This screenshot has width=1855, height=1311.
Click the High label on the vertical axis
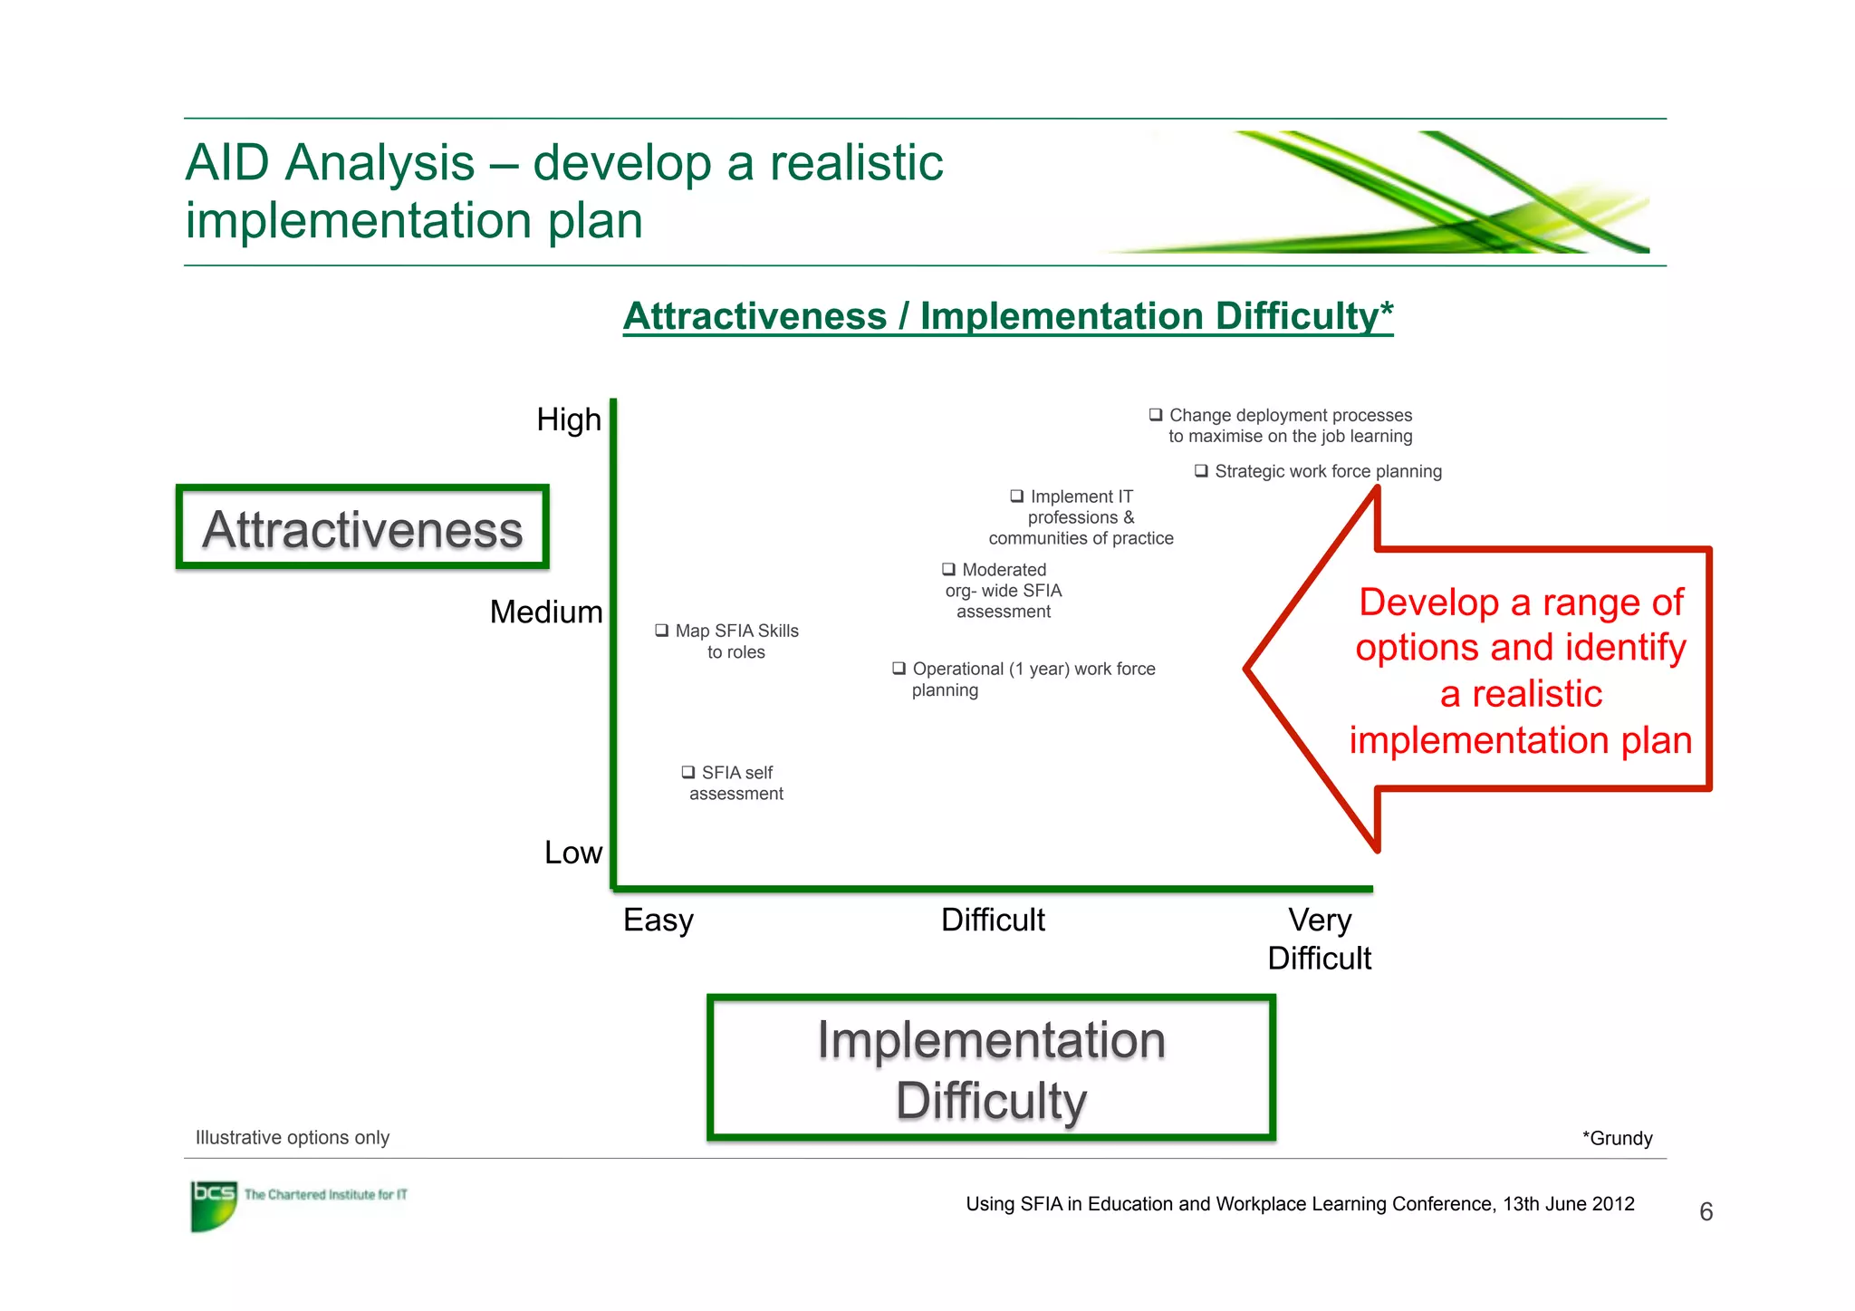click(568, 420)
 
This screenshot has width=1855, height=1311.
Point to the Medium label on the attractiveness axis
click(545, 612)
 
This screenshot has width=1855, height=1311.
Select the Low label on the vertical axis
click(572, 853)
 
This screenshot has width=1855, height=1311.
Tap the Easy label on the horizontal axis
click(658, 921)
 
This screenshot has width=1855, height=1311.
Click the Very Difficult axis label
click(1319, 939)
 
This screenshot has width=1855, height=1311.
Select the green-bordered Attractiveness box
click(362, 528)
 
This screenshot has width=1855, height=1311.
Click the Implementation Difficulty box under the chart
click(991, 1068)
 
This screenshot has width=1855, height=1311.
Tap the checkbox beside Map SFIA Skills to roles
click(662, 631)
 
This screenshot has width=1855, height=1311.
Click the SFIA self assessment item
click(735, 783)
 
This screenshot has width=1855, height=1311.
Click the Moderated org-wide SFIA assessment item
click(1003, 591)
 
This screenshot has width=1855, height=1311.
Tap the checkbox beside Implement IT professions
click(1017, 496)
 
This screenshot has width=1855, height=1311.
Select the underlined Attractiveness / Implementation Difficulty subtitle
click(1007, 316)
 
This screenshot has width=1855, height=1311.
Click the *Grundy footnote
click(1617, 1138)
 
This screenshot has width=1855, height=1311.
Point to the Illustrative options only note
click(292, 1137)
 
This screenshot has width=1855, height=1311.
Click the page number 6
click(1706, 1212)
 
